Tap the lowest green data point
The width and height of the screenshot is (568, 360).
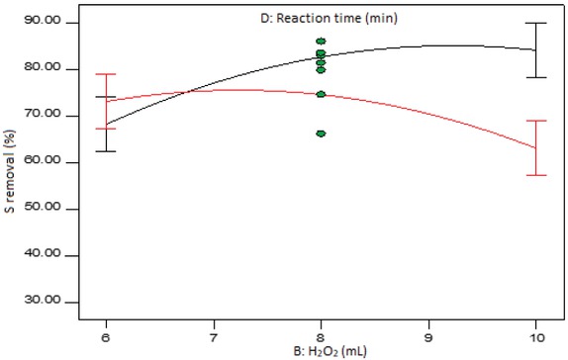(321, 133)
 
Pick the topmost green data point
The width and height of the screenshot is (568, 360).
(321, 42)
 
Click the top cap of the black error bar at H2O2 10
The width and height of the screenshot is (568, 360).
(535, 23)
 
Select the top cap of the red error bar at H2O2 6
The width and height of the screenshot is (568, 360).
(106, 74)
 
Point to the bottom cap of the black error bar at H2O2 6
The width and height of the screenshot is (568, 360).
(106, 151)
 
